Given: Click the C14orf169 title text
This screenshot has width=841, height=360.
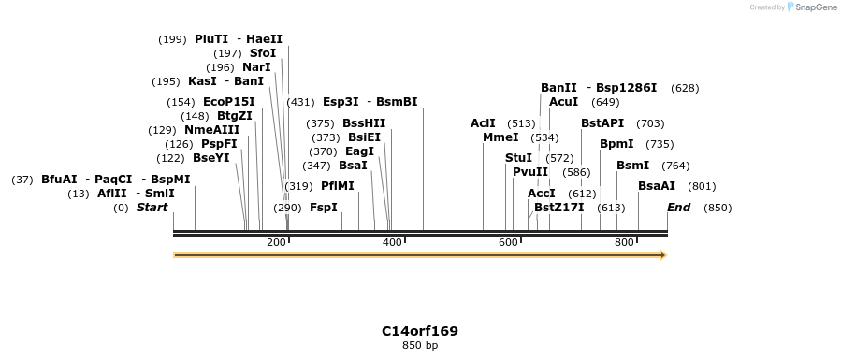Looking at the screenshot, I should coord(419,331).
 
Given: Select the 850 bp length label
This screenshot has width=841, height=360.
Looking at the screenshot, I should coord(419,346).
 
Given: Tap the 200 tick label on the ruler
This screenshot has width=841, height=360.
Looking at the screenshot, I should coord(276,243).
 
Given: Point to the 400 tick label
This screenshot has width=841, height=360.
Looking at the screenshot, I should coord(392,243).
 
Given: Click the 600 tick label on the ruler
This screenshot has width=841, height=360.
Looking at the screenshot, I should coord(508,243).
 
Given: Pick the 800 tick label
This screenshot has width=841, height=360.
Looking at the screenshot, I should coord(624,243).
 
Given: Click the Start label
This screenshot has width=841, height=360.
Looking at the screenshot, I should coord(152,208).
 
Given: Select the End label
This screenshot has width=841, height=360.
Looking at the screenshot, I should coord(678,208).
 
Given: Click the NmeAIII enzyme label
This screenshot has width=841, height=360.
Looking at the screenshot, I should coord(211,130).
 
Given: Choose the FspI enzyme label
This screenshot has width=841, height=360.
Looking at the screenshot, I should coord(323,208).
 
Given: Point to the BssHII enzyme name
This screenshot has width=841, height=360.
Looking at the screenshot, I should coord(364,123).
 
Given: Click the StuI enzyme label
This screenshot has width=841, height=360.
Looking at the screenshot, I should coord(518,158).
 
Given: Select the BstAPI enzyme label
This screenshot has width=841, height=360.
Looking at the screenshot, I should coord(602,123).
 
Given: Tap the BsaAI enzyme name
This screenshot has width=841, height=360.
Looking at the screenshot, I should coord(657,186).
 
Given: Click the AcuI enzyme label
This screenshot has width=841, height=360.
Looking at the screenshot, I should coord(563,102).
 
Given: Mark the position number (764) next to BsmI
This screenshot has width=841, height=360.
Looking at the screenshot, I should coord(675,166).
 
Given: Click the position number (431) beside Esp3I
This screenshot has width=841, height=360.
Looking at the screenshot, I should coord(300,102).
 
